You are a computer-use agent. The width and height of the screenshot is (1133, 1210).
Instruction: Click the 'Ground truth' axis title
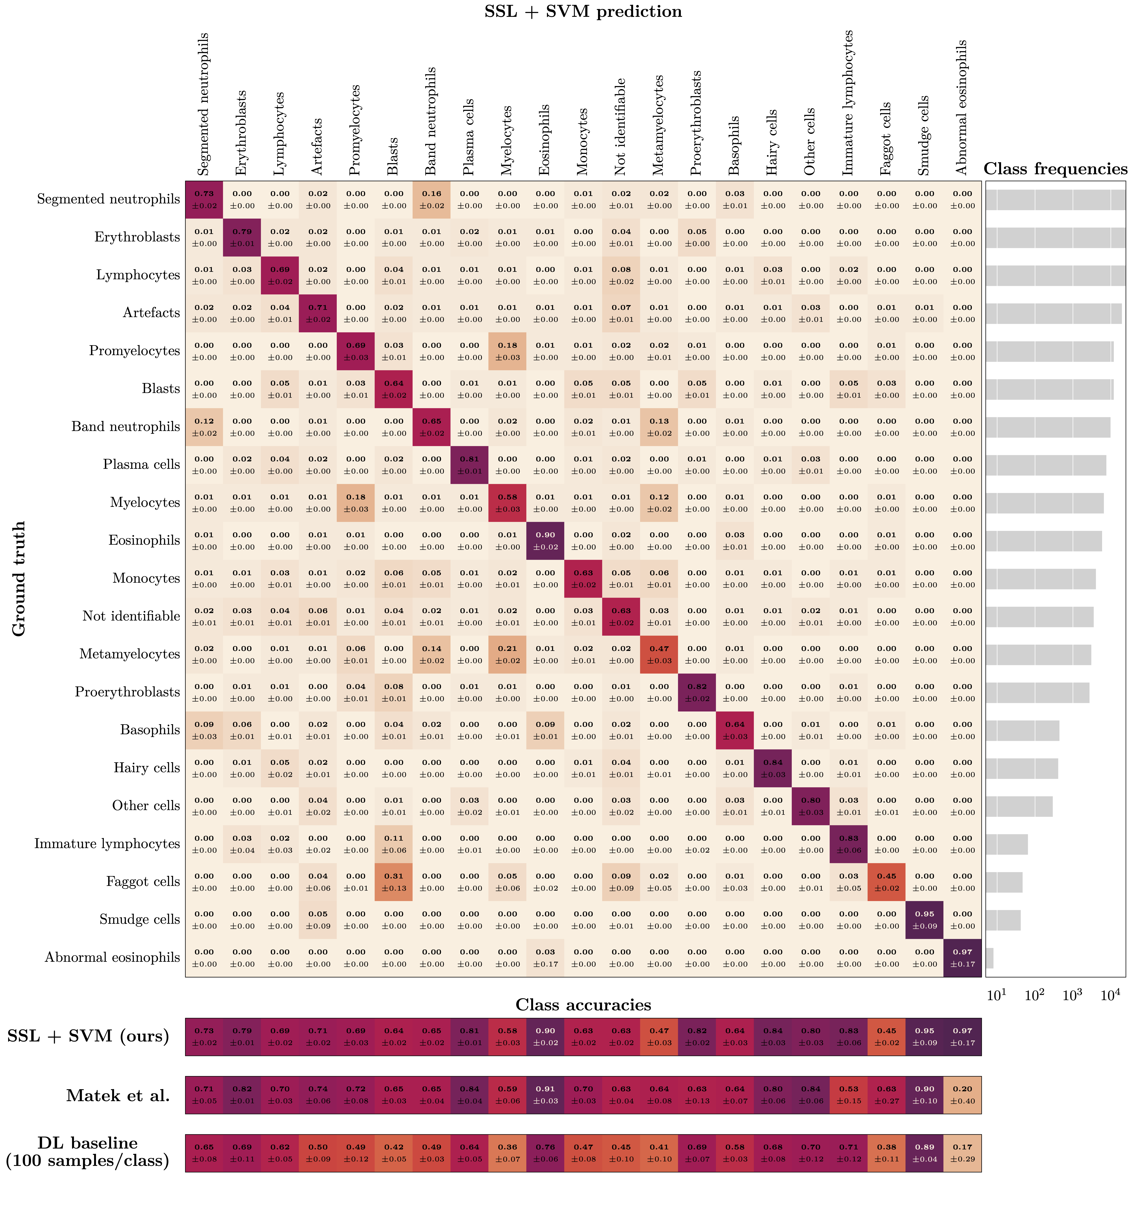[x=19, y=578]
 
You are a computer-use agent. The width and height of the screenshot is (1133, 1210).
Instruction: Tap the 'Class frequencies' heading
[x=1055, y=169]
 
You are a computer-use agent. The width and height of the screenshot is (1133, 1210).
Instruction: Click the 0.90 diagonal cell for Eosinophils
[x=545, y=541]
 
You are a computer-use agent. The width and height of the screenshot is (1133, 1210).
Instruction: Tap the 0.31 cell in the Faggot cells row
[x=394, y=882]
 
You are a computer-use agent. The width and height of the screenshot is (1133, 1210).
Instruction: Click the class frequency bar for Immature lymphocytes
[x=1006, y=844]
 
